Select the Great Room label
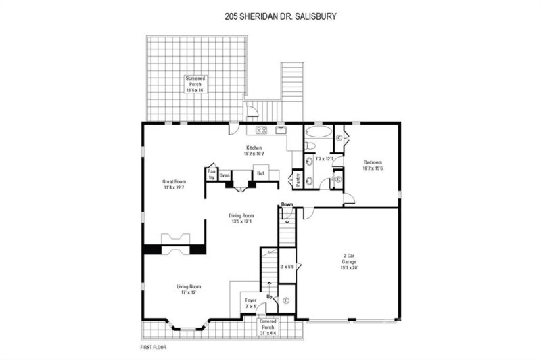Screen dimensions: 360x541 click(x=174, y=185)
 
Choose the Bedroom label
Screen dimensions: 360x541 click(x=373, y=165)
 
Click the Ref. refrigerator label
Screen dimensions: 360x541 click(x=260, y=173)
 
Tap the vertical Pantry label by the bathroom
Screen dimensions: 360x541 click(x=296, y=180)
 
